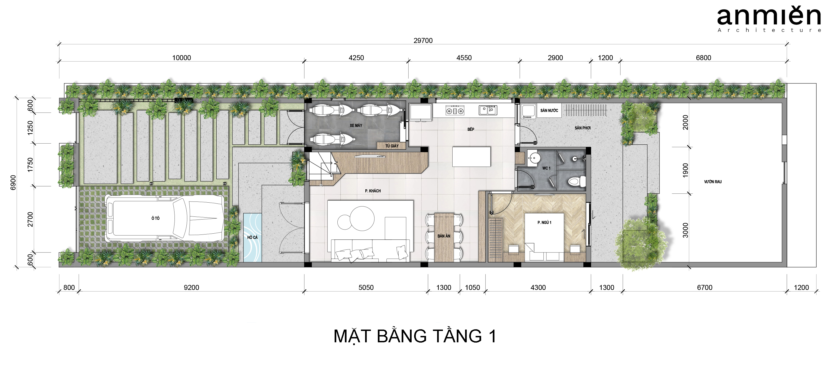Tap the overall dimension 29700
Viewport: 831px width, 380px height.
[x=423, y=41]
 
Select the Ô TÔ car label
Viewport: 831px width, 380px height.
[x=155, y=218]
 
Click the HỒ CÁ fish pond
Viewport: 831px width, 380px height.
[x=252, y=237]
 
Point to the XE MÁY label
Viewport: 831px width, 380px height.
[x=356, y=125]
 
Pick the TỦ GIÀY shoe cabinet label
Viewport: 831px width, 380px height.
[x=392, y=146]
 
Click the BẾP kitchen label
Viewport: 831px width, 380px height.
[x=471, y=129]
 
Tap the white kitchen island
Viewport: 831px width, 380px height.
[x=471, y=157]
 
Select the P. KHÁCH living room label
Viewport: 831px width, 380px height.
[x=373, y=191]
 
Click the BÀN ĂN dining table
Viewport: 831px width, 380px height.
[x=444, y=237]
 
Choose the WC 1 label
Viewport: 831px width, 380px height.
[x=546, y=168]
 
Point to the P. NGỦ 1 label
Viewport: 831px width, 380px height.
[x=544, y=223]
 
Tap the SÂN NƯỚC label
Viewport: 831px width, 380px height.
[x=549, y=110]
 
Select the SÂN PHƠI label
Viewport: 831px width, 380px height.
[x=582, y=128]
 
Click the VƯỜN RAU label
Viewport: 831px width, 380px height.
[x=713, y=182]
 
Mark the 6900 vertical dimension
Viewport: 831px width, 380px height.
[x=13, y=182]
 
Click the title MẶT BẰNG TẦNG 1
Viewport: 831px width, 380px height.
[x=415, y=336]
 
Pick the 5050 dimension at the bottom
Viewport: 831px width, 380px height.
[x=366, y=287]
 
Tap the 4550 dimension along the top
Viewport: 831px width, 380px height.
[x=464, y=58]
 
